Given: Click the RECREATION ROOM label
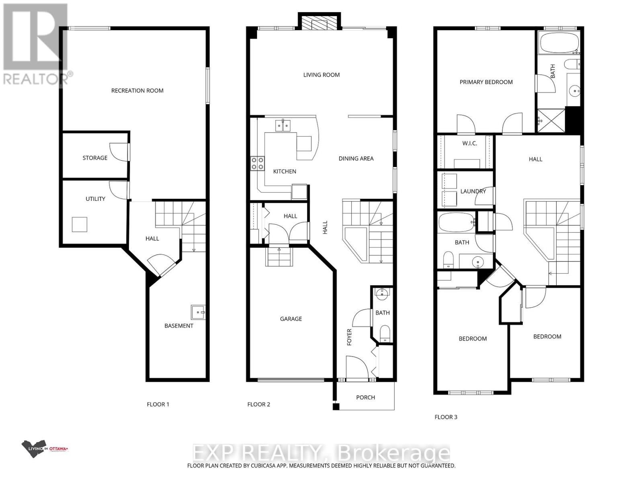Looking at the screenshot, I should point(137,91).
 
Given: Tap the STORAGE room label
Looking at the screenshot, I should point(95,158).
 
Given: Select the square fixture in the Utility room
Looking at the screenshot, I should point(80,224).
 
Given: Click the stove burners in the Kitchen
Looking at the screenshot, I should point(258,163).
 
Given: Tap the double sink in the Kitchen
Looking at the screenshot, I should point(283,126).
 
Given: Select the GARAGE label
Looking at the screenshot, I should point(291,319).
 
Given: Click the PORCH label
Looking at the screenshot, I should point(365,397).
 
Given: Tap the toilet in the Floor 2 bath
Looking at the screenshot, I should point(385,334).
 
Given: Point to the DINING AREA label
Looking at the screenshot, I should point(356,159).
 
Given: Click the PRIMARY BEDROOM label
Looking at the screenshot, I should point(486,82).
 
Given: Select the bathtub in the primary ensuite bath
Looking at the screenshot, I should point(559,43).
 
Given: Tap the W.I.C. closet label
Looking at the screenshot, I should point(469,143).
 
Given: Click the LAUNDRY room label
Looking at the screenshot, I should point(473,191).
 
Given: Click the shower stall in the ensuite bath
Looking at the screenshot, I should point(551,119).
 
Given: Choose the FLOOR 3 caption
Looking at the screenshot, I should point(446,417).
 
